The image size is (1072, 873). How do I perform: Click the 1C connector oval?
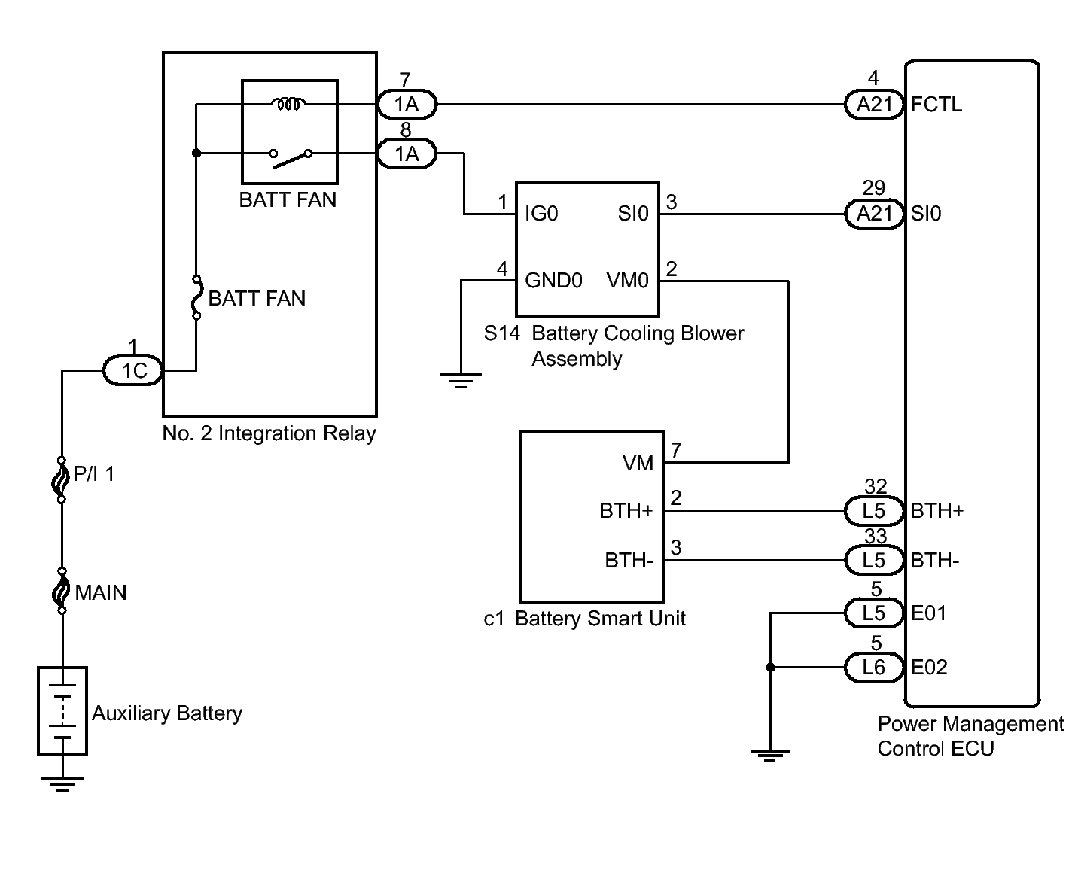[132, 371]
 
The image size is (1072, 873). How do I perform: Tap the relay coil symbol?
[288, 104]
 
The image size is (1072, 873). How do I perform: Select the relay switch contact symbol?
[291, 157]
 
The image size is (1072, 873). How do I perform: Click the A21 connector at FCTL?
[874, 105]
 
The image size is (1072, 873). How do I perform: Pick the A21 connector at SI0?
[874, 214]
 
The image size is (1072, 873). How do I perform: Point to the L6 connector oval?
[874, 668]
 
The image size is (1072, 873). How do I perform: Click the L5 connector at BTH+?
[874, 511]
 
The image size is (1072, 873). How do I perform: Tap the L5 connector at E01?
[874, 613]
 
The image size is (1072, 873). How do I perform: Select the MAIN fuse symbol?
[62, 591]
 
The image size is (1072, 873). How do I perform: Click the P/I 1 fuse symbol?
[62, 479]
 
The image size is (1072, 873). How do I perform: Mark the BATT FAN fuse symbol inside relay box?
[196, 297]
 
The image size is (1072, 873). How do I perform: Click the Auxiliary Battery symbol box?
[62, 711]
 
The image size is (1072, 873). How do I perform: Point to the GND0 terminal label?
[553, 280]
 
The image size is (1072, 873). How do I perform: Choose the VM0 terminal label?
[627, 280]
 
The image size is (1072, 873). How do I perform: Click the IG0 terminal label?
[541, 214]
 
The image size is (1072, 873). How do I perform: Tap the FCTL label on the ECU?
[936, 105]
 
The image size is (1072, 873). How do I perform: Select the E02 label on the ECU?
[929, 668]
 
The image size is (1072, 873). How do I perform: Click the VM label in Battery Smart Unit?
[638, 463]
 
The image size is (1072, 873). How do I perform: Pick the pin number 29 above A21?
[874, 187]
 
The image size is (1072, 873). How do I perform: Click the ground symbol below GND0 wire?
[461, 380]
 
